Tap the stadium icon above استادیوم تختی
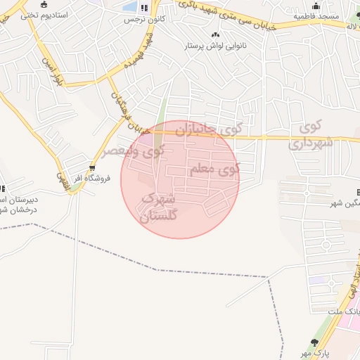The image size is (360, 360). click(x=44, y=5)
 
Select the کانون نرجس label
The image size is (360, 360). click(x=144, y=19)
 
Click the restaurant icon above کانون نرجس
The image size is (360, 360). click(x=144, y=8)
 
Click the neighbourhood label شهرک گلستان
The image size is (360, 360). click(x=160, y=208)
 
